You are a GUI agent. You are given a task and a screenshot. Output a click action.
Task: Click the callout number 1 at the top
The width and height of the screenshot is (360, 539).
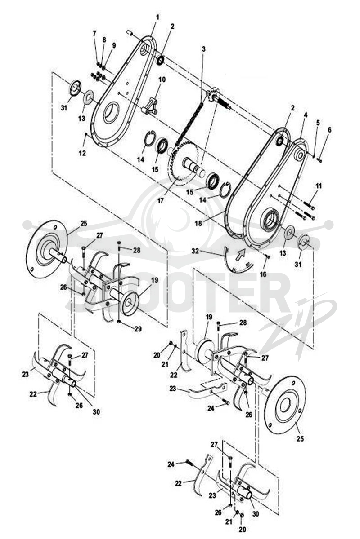pos(157,18)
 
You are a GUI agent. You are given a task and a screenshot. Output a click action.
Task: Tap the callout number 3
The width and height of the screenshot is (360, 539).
pos(204,49)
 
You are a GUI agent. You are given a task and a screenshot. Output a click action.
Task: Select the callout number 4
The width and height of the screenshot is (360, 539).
pos(306,115)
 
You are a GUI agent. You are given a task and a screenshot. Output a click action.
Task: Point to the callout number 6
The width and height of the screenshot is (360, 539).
pos(329,130)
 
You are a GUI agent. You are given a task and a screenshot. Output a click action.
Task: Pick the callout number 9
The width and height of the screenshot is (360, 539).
pos(114,45)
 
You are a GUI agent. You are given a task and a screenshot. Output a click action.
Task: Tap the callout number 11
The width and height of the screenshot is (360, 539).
pos(319,186)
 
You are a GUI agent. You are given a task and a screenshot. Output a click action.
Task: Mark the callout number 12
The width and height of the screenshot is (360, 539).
pos(82,153)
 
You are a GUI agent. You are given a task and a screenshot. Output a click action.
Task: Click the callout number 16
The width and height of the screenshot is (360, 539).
pos(263,274)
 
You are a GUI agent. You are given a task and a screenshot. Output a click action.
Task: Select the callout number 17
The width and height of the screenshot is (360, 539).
pos(161,200)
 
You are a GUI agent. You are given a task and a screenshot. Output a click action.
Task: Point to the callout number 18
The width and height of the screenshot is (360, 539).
pos(198,223)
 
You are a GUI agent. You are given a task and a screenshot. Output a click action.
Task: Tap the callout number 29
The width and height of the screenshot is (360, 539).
pos(138,329)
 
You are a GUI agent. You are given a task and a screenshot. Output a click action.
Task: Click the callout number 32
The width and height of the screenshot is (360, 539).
pos(195,251)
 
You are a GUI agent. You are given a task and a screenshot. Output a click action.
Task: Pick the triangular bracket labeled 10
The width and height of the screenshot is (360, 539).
pos(149,106)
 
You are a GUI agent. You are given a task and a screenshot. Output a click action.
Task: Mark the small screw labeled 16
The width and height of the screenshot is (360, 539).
pos(267,257)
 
